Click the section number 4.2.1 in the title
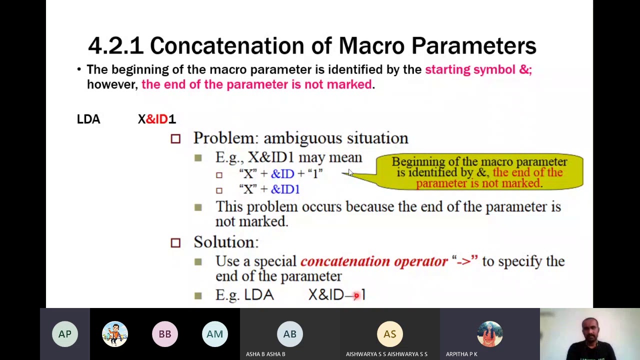click(115, 46)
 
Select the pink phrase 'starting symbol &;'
click(478, 69)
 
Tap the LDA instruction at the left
click(88, 119)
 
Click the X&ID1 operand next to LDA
click(156, 119)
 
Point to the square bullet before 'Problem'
click(175, 138)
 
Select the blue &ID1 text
click(285, 189)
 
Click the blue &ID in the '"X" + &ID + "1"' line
click(282, 174)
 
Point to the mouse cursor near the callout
click(350, 172)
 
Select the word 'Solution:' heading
click(226, 242)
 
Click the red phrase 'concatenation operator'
click(373, 261)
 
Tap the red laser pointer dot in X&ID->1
click(356, 296)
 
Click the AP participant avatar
click(65, 334)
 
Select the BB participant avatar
click(165, 334)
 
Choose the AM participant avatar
click(215, 334)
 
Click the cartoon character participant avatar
click(115, 334)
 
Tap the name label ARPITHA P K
click(461, 354)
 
